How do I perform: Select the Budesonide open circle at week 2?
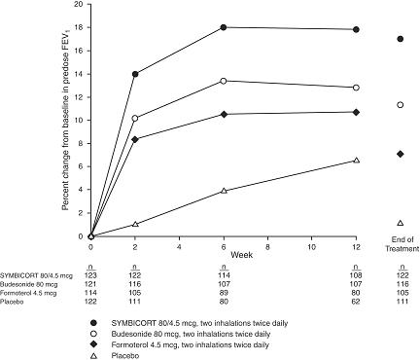[x=135, y=119]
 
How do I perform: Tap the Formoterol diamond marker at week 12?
[x=357, y=112]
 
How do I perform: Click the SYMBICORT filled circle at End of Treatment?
[x=401, y=39]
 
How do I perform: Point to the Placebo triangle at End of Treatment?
[x=401, y=224]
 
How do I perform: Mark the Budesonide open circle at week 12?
[x=357, y=88]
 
